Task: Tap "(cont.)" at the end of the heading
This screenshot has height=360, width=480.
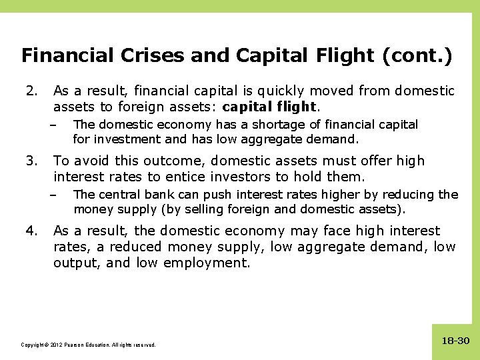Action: [x=417, y=55]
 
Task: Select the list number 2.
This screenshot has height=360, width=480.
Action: [x=29, y=90]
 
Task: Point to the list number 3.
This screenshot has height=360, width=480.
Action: [x=29, y=161]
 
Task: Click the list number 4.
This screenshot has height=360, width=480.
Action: [x=29, y=231]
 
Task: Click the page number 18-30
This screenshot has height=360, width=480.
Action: [x=455, y=341]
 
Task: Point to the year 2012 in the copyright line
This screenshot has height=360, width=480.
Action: [x=55, y=345]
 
